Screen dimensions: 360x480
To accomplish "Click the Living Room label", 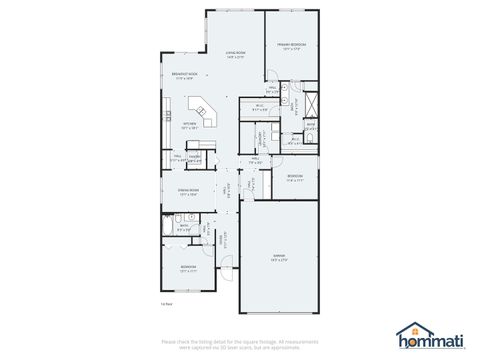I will click(x=235, y=54).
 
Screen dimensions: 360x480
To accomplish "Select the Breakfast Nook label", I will click(x=183, y=75).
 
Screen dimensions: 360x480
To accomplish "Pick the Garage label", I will click(x=279, y=257).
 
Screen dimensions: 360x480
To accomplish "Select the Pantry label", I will click(x=195, y=157).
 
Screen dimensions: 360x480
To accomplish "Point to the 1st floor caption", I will click(x=167, y=303).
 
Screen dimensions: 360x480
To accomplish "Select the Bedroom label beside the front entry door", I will click(x=187, y=268).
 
